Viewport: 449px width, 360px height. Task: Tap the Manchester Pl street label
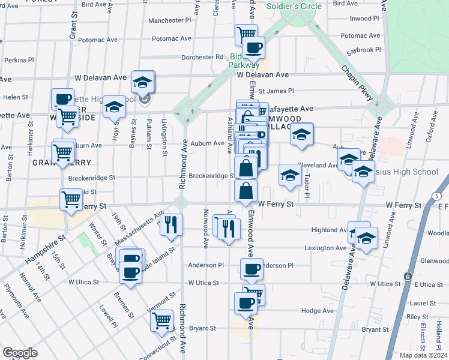[169, 20]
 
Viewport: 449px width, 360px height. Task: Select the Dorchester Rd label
[202, 58]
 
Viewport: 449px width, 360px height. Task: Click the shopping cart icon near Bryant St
[161, 320]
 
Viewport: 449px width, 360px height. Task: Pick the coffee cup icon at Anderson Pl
[252, 268]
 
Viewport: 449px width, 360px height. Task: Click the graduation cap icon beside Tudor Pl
[289, 176]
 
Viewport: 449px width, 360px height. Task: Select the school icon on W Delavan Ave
[143, 81]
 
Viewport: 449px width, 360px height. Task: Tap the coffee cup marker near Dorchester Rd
[253, 47]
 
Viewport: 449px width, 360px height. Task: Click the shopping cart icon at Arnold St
[71, 199]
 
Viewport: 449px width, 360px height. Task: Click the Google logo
[20, 353]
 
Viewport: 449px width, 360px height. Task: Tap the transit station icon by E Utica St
[407, 275]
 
